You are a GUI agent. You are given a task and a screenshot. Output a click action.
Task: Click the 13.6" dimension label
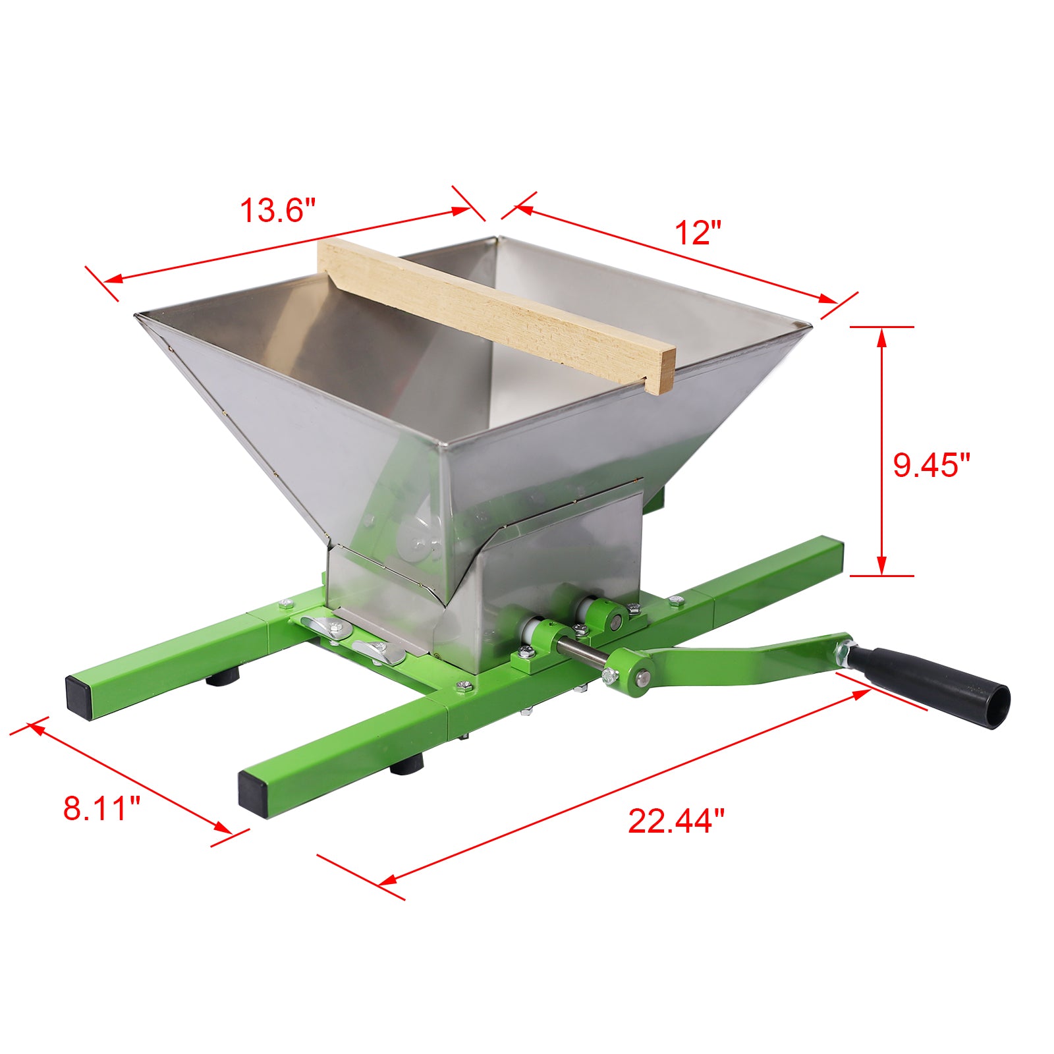[277, 211]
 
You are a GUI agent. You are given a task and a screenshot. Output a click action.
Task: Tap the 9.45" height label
[931, 465]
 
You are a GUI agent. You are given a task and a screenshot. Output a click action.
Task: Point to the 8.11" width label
[102, 808]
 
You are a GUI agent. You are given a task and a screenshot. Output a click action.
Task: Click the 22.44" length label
[676, 821]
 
